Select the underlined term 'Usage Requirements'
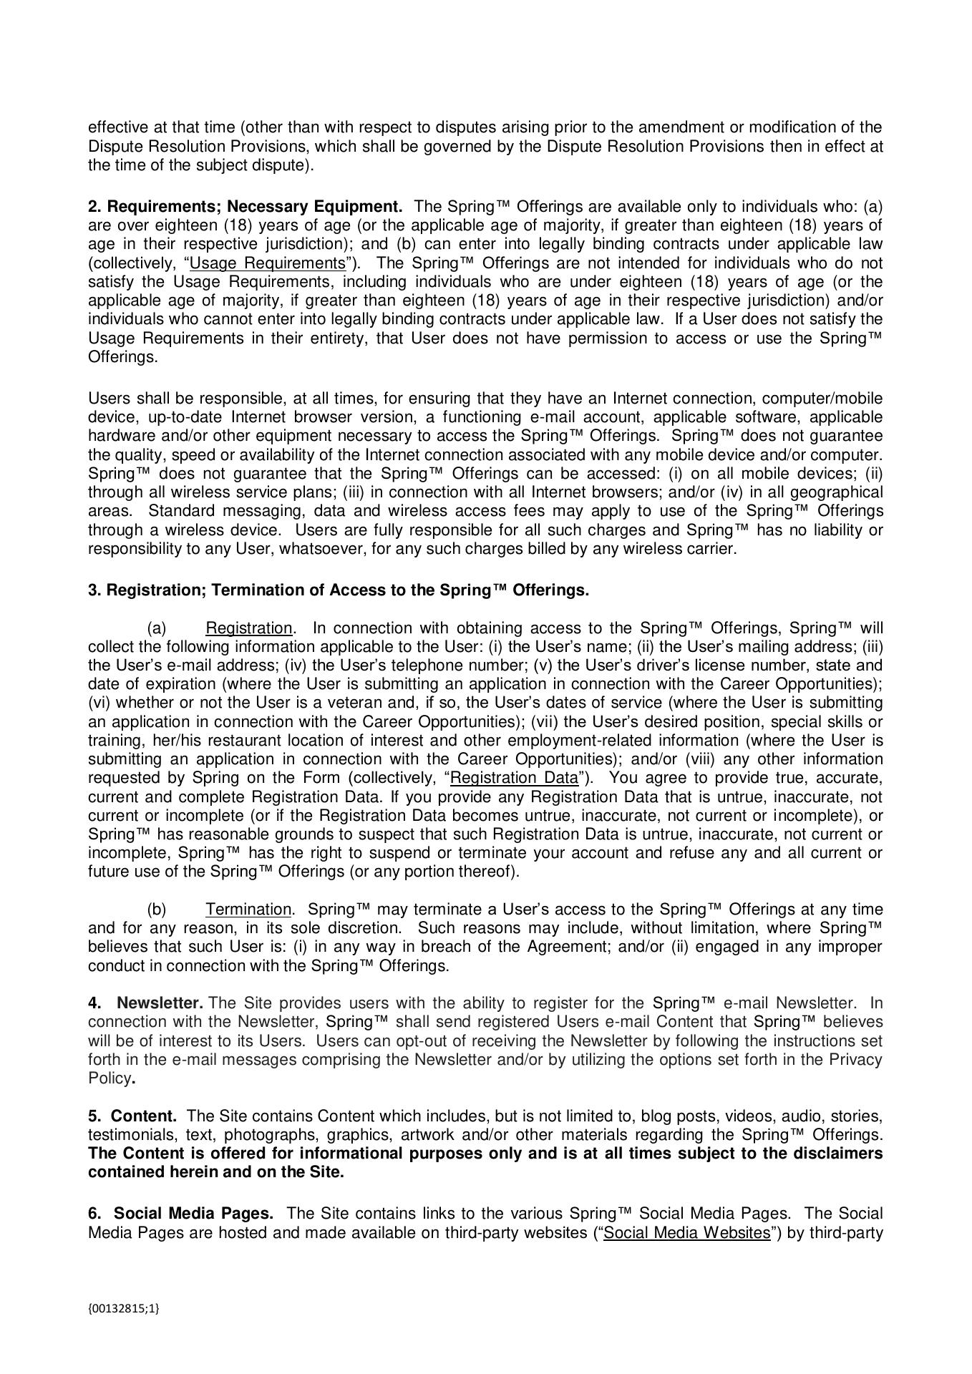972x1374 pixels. coord(268,263)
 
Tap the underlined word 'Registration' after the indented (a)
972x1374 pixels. coord(248,628)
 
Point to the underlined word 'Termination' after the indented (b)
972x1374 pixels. coord(248,910)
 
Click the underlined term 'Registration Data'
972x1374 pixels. coord(514,778)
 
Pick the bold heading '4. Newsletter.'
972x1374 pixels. coord(146,1003)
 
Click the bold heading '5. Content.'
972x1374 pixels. coord(132,1116)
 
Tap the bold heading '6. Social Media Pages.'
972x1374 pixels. coord(181,1214)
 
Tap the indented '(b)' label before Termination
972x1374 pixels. coord(157,910)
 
